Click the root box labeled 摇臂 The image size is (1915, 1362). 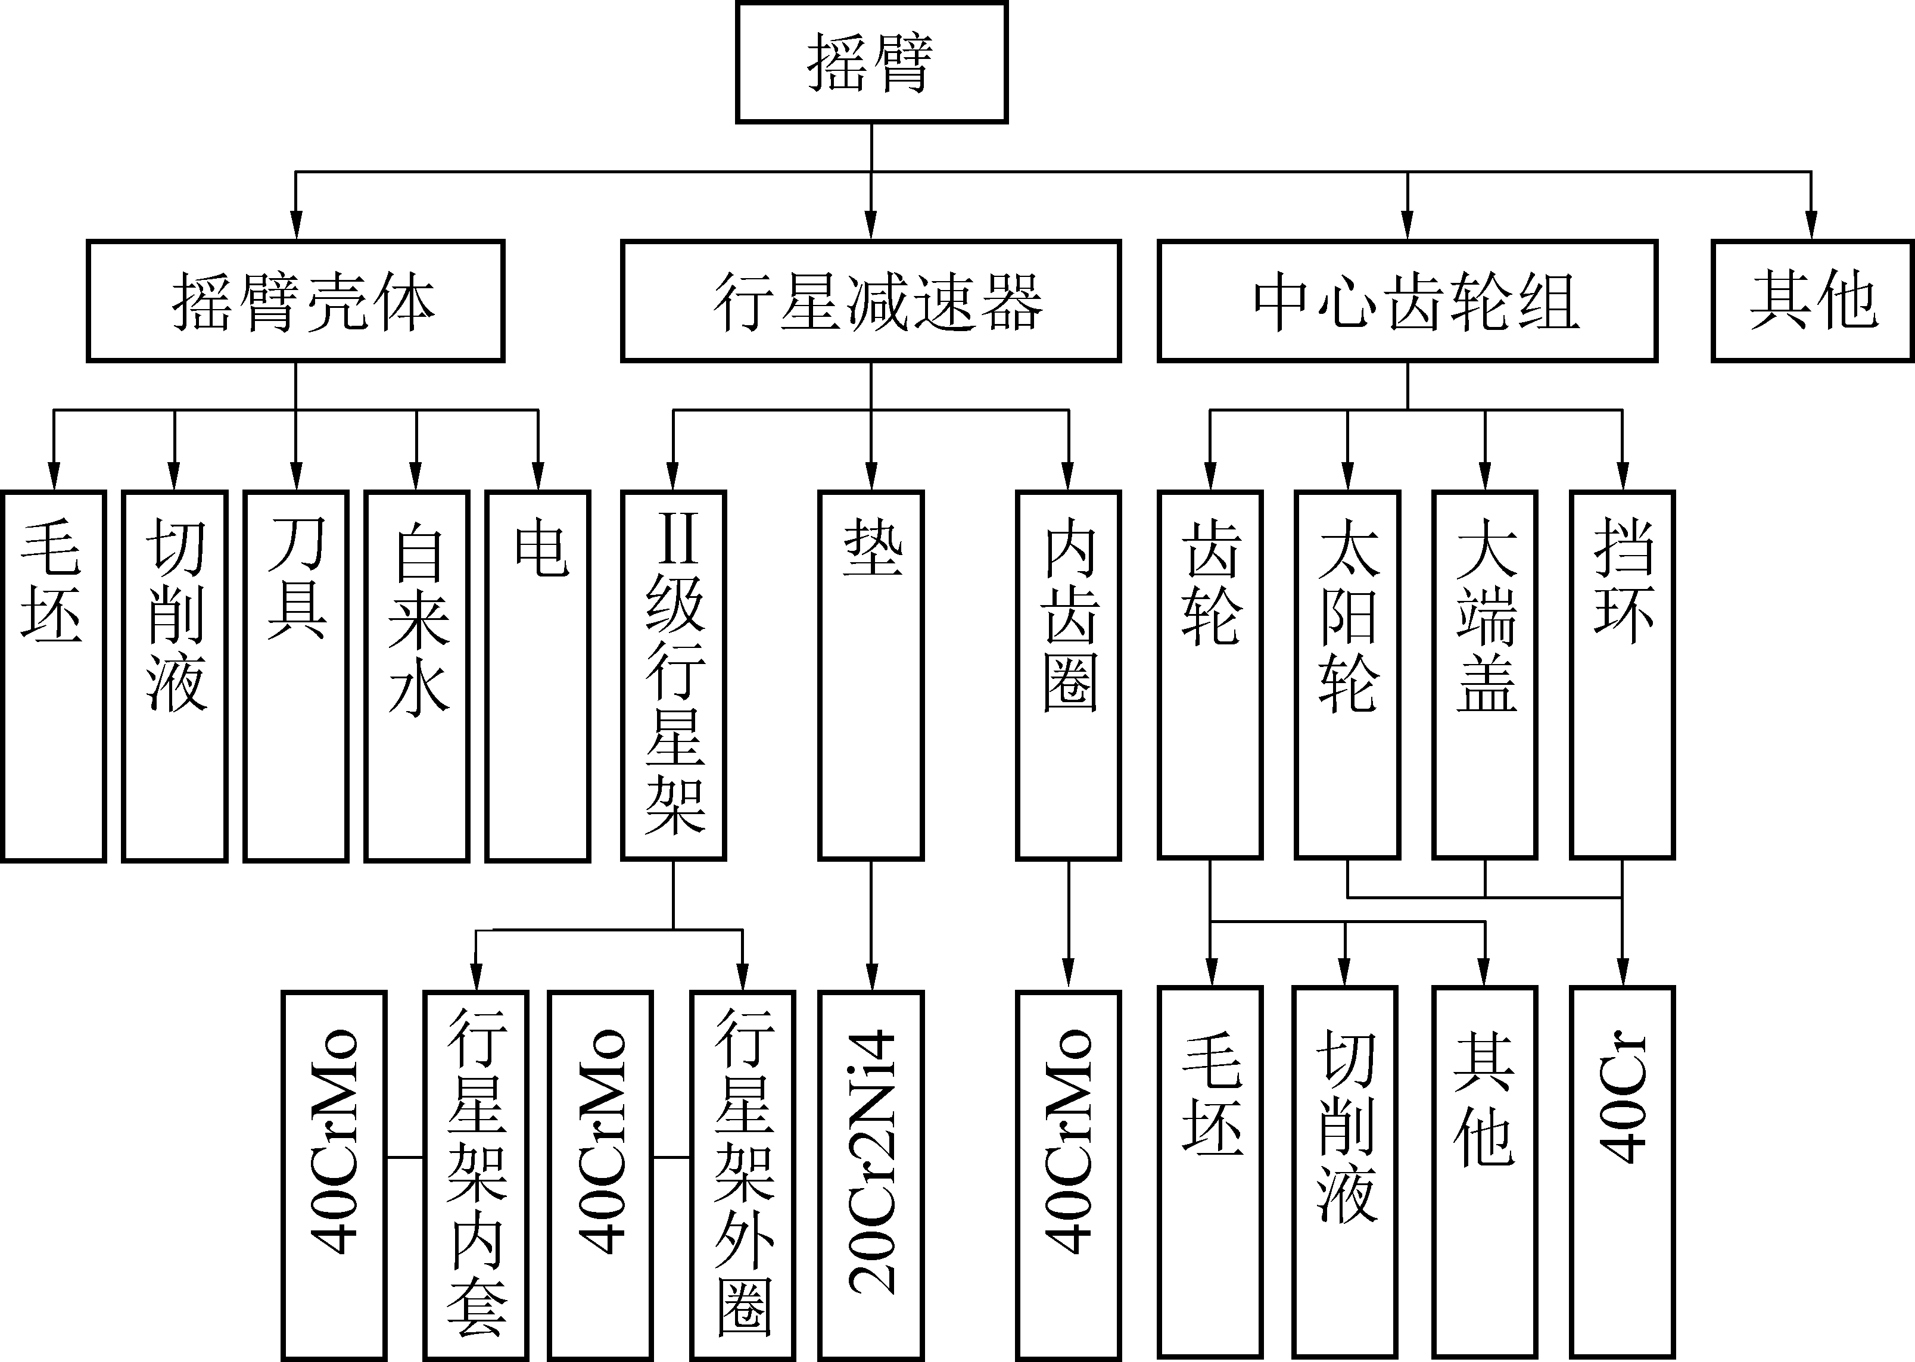pyautogui.click(x=871, y=62)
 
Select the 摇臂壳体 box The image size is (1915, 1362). pyautogui.click(x=295, y=301)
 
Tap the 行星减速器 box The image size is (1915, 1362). pyautogui.click(x=871, y=301)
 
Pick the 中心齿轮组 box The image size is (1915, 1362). pyautogui.click(x=1407, y=301)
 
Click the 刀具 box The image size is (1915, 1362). pyautogui.click(x=295, y=675)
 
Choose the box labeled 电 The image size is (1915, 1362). pyautogui.click(x=538, y=675)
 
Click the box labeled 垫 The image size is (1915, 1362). pyautogui.click(x=871, y=675)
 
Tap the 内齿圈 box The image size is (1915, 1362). pyautogui.click(x=1068, y=675)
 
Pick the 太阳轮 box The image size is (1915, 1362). pyautogui.click(x=1347, y=675)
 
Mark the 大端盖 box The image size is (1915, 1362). pyautogui.click(x=1485, y=675)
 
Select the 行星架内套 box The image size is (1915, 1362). pyautogui.click(x=475, y=1174)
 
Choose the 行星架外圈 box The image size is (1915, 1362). pyautogui.click(x=742, y=1174)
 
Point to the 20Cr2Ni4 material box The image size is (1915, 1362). pyautogui.click(x=871, y=1174)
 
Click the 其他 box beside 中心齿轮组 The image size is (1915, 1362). pyautogui.click(x=1812, y=301)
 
